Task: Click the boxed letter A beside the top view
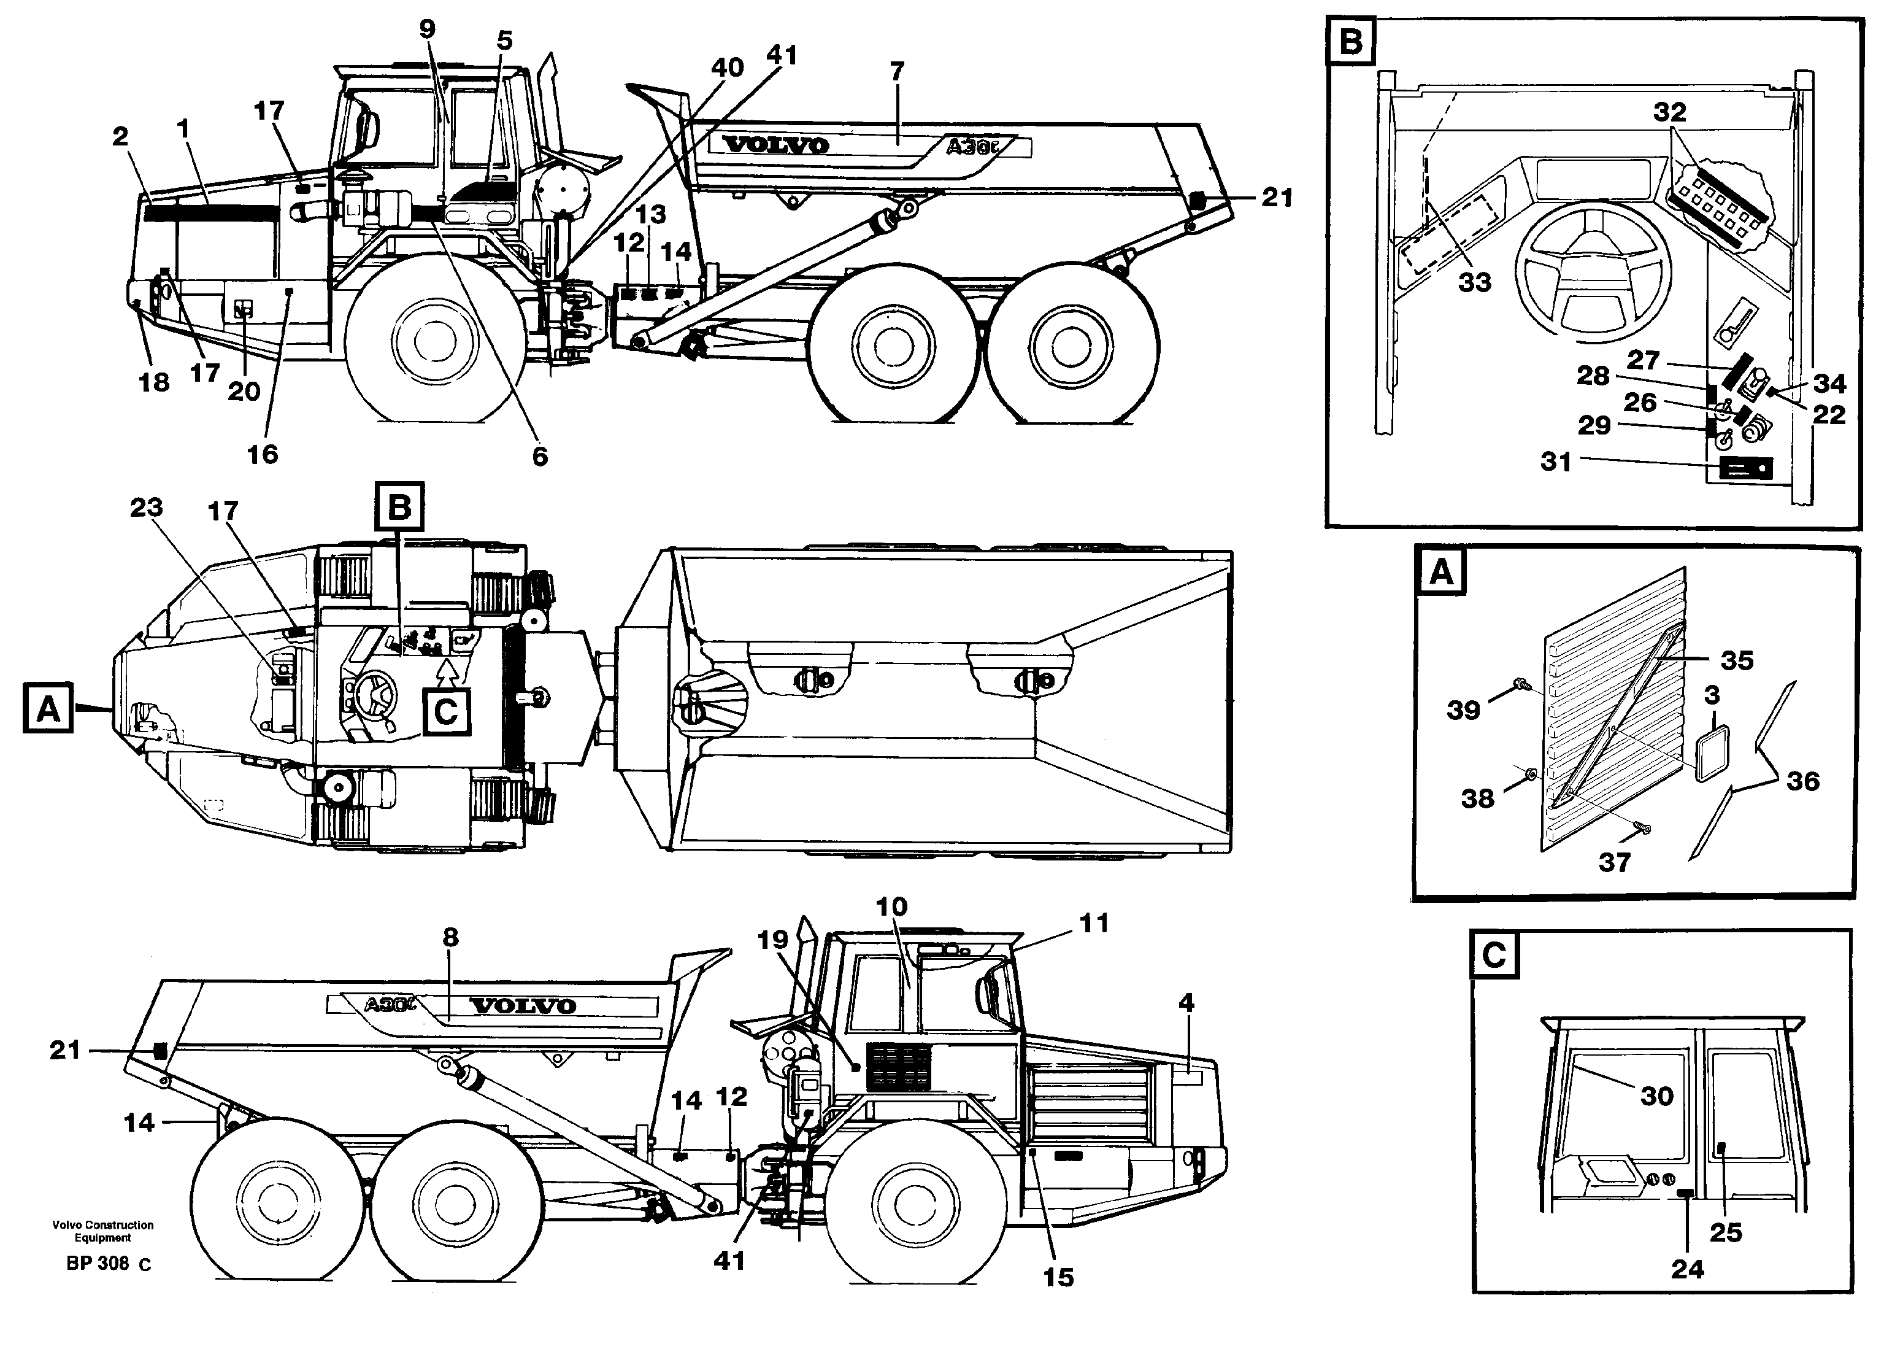[48, 708]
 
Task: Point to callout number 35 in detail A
[1736, 661]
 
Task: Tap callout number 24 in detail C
[1687, 1269]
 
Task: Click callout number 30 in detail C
[1656, 1097]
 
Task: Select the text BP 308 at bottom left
[98, 1264]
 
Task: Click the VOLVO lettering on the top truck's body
[775, 145]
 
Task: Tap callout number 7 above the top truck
[897, 71]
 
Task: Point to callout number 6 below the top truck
[540, 456]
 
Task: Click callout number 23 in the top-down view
[146, 508]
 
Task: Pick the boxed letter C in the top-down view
[447, 713]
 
